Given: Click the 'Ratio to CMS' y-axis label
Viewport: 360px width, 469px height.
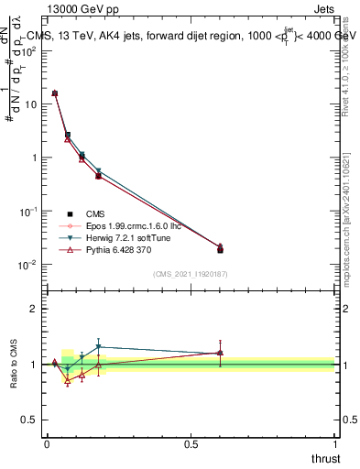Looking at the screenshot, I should tap(13, 364).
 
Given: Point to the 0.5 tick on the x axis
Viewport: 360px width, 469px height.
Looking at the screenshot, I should tap(191, 443).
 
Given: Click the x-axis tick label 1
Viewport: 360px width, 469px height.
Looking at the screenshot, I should tap(335, 443).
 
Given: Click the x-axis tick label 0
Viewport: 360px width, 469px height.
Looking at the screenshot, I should tap(47, 443).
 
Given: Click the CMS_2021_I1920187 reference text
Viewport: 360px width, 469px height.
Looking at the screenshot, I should tap(191, 273).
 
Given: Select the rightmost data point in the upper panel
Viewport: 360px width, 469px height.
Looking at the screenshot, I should tap(220, 248).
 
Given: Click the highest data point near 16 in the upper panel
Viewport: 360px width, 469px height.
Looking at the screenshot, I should tap(55, 93).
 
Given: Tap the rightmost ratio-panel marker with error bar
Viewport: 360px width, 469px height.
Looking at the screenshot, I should tap(220, 353).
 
